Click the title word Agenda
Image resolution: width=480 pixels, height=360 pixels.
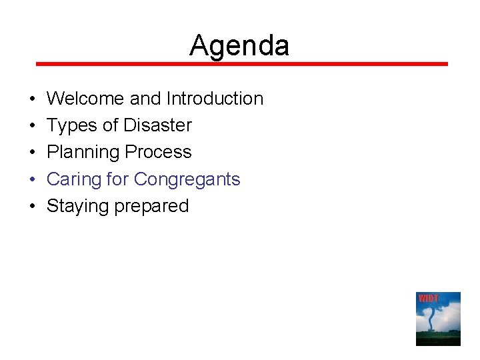[239, 46]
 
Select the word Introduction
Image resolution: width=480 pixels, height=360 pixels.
[215, 99]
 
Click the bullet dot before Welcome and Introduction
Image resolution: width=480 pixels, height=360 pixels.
[33, 99]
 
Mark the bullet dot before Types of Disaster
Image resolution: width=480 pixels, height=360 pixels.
[33, 126]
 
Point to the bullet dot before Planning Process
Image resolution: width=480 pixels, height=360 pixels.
[33, 153]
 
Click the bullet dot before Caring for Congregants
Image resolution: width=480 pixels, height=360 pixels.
[33, 180]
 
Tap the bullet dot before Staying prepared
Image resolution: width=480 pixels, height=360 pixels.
[33, 207]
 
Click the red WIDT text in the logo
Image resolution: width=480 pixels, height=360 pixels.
[427, 298]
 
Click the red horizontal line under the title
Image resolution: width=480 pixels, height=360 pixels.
[241, 64]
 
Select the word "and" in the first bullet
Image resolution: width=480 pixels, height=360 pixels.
[145, 99]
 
